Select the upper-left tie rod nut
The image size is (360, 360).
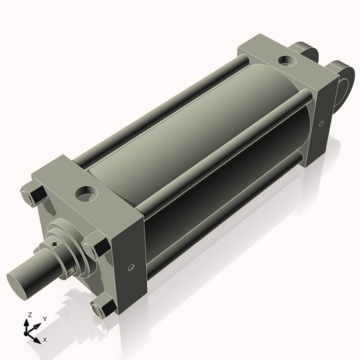pos(34,195)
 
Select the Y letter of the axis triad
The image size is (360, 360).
pos(44,318)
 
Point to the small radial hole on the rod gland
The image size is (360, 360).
pos(53,246)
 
